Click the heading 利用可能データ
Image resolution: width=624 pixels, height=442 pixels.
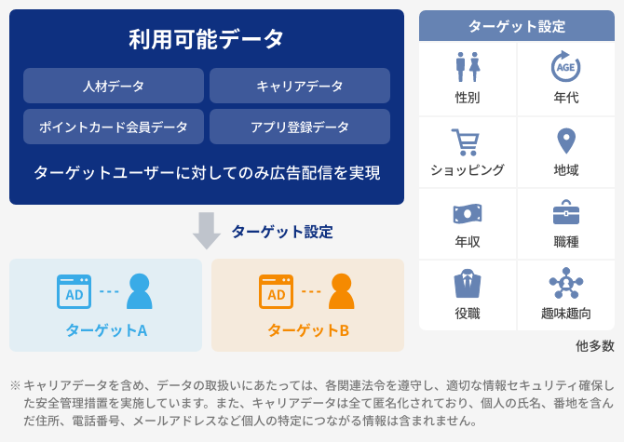(x=206, y=39)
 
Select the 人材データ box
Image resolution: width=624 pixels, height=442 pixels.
(x=114, y=86)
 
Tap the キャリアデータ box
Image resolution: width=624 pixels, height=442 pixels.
(x=300, y=86)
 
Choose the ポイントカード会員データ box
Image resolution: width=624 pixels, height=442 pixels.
(x=114, y=127)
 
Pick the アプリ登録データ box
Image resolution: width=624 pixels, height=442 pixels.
(x=300, y=127)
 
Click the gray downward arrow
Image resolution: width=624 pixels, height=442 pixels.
(x=207, y=231)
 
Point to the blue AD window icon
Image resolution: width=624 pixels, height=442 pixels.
(x=74, y=291)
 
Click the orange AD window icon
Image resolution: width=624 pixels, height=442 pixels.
(x=277, y=291)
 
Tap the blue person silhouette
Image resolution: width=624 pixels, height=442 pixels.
(x=140, y=291)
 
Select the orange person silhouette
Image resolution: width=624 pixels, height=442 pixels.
(x=342, y=291)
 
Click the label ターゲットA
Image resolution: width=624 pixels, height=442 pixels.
(x=106, y=330)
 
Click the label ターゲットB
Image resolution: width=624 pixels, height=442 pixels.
(x=308, y=330)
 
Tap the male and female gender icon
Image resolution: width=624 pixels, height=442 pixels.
(x=468, y=67)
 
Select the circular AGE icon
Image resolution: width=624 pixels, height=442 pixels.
(x=566, y=66)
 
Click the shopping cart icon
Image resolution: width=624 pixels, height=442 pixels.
(x=465, y=141)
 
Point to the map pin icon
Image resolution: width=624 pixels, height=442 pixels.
(x=566, y=141)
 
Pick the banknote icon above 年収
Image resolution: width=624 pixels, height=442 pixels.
(x=468, y=214)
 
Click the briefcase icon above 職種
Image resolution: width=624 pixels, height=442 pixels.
(x=566, y=212)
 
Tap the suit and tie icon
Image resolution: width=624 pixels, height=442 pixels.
(x=468, y=284)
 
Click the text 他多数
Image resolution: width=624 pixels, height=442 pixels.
(x=595, y=346)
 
